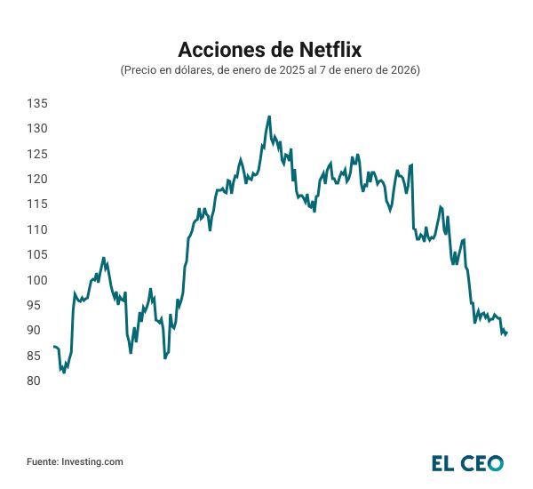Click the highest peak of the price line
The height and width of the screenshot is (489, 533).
[x=269, y=116]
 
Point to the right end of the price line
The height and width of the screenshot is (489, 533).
[x=506, y=333]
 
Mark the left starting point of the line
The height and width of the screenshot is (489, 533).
[x=53, y=346]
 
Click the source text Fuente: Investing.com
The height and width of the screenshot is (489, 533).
[x=75, y=461]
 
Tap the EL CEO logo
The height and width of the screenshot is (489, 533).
[x=467, y=462]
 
